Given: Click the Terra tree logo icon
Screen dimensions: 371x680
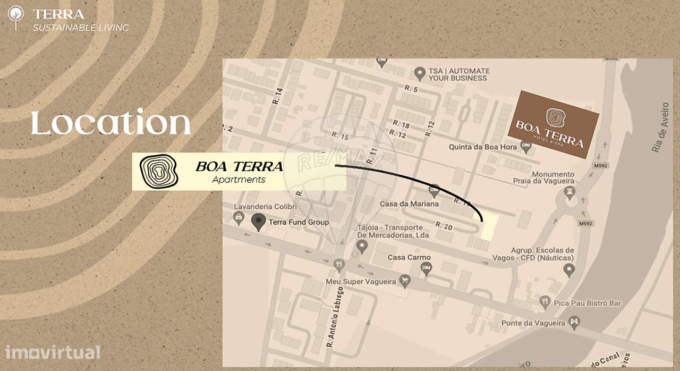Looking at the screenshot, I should coord(16,18).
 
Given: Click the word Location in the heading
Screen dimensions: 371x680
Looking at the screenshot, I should coord(110,123).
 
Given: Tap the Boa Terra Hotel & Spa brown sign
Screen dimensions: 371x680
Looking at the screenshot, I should coord(553,124).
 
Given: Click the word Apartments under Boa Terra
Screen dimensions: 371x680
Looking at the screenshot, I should coord(239,180).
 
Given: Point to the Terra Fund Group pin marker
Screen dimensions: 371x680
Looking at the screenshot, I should coord(259,222).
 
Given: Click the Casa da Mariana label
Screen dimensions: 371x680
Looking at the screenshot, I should coord(409,204).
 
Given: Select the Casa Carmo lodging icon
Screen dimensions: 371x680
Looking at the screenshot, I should coord(426,269).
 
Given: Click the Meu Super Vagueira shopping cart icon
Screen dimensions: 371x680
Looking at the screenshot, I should coord(405,282).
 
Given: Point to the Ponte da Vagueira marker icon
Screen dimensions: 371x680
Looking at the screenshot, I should coord(574,322).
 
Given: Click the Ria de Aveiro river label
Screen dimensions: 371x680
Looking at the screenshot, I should coord(660,128).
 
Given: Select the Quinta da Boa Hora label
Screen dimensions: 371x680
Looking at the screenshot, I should coord(482,147).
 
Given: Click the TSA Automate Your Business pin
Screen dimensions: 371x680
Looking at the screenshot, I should coord(420,72).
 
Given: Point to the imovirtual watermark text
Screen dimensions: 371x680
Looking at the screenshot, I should coord(53,352).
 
